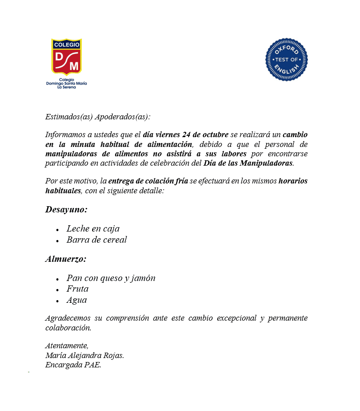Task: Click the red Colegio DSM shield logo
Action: (67, 57)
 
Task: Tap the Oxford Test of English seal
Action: (287, 60)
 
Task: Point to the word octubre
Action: (213, 134)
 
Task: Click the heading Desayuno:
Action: (66, 209)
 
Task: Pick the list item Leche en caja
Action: (93, 229)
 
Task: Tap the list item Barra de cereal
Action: (97, 240)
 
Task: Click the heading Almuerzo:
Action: (66, 259)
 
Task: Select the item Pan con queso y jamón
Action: (111, 278)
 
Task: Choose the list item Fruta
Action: (77, 289)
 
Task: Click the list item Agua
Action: (77, 300)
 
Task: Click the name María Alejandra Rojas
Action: (85, 356)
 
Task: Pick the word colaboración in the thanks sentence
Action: (68, 328)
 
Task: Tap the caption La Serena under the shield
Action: (67, 87)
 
